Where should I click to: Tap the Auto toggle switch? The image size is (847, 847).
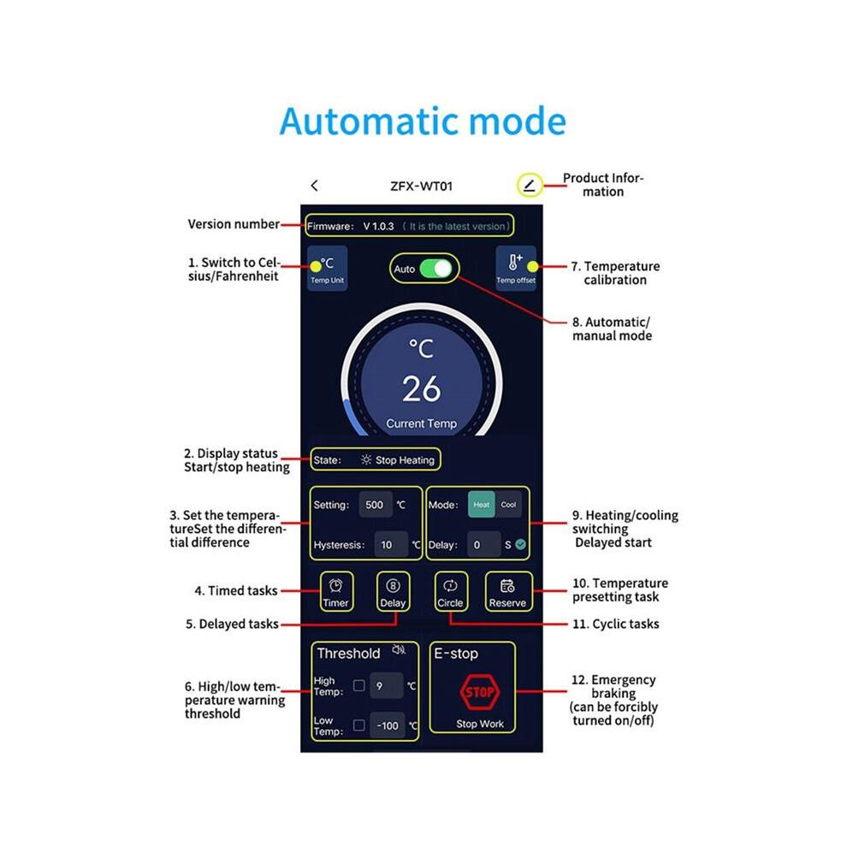(x=436, y=269)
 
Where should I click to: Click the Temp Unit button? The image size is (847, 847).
(x=328, y=269)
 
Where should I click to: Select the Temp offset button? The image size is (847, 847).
(x=516, y=269)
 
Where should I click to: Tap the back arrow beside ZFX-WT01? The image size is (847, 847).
(x=314, y=186)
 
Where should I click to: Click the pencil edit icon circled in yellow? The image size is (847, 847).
(x=530, y=186)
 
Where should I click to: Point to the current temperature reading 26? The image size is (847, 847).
(x=421, y=389)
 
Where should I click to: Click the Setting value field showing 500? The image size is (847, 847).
(x=376, y=505)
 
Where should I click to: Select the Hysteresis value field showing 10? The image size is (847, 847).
(x=390, y=544)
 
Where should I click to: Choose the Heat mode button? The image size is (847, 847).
(x=482, y=505)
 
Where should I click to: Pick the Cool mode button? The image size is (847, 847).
(x=508, y=505)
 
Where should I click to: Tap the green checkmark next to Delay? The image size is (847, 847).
(x=521, y=544)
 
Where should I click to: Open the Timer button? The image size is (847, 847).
(x=336, y=592)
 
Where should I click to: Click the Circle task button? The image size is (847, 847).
(x=451, y=592)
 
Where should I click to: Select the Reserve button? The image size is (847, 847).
(x=507, y=592)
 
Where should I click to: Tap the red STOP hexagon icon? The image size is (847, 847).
(x=480, y=692)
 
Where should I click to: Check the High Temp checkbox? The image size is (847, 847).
(x=358, y=685)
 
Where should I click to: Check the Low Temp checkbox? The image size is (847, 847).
(x=358, y=725)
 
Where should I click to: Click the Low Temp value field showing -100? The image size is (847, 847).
(x=388, y=726)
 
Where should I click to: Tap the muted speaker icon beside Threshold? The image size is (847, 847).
(x=399, y=650)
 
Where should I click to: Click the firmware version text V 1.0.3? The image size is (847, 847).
(x=378, y=227)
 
